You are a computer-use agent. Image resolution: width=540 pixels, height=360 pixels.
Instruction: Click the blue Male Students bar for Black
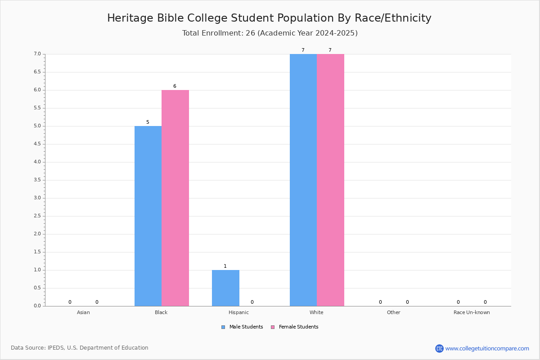click(x=148, y=216)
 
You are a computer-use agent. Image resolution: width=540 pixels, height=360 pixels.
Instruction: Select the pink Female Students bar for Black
click(x=175, y=198)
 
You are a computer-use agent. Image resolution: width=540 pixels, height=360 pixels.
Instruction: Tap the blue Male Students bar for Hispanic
click(x=225, y=288)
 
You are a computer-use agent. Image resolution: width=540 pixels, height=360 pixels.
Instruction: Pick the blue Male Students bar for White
click(x=303, y=180)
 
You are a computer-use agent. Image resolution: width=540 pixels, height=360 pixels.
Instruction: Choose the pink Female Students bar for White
click(x=330, y=180)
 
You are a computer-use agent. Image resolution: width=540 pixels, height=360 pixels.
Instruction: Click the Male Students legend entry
click(x=242, y=327)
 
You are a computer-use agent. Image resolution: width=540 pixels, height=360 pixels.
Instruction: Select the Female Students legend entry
click(x=295, y=327)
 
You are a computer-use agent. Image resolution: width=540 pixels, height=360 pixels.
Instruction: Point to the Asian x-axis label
click(x=83, y=312)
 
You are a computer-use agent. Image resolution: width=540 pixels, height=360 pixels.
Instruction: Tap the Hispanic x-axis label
click(x=238, y=313)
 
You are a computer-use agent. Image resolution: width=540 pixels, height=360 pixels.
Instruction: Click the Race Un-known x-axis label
click(x=472, y=312)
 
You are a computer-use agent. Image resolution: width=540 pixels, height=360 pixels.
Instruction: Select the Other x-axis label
click(x=394, y=312)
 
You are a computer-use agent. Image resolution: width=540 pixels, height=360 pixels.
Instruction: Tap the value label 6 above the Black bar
click(x=175, y=86)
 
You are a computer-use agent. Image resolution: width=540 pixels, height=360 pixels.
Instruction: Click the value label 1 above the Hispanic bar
click(x=225, y=266)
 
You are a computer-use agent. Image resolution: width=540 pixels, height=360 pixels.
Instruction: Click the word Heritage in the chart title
click(x=130, y=18)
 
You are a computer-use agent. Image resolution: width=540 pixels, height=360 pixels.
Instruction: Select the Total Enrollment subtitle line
click(x=270, y=33)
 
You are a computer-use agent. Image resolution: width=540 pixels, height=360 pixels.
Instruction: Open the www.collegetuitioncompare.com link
click(x=487, y=348)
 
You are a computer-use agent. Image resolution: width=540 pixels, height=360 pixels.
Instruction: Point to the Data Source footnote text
click(x=80, y=348)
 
